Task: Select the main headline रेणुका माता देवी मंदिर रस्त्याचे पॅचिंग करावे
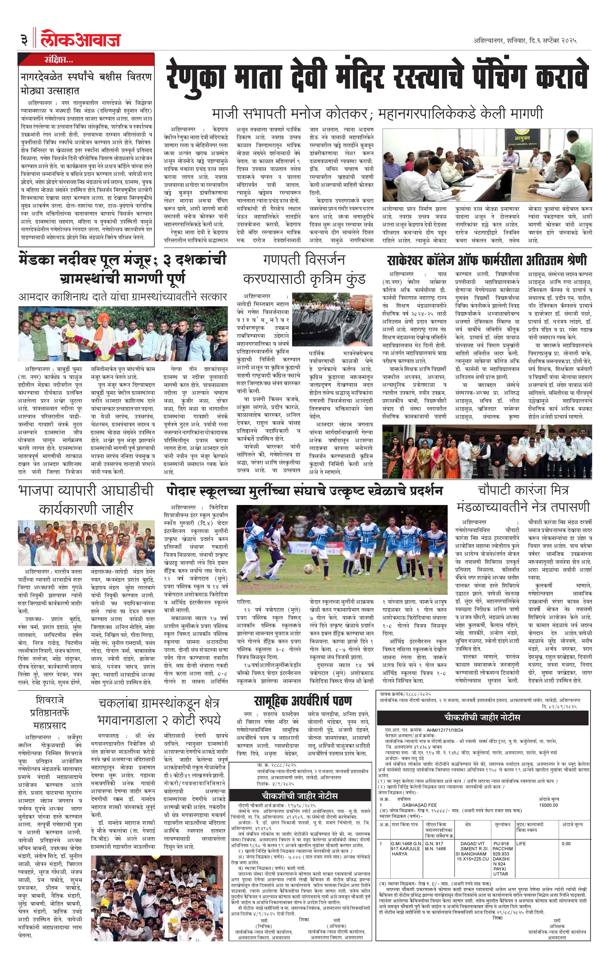(x=377, y=76)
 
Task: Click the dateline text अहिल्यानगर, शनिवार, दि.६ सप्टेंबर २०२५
(x=525, y=41)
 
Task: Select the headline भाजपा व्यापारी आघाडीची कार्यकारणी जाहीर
(x=86, y=500)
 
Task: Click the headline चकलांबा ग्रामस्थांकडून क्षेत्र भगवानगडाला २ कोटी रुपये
(x=159, y=711)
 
